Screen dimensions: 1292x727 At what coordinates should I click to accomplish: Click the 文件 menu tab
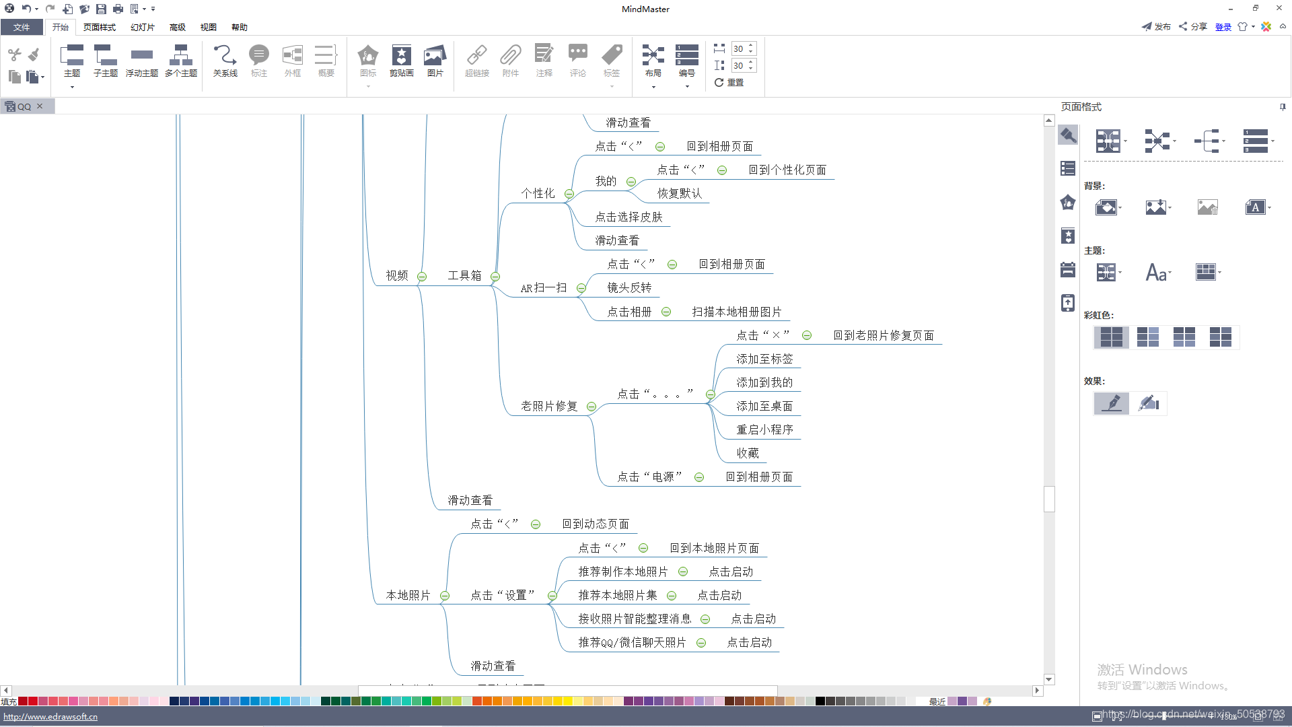(22, 27)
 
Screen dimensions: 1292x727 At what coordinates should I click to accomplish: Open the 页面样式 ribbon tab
(99, 27)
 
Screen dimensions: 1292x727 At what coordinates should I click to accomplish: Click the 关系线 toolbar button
(225, 61)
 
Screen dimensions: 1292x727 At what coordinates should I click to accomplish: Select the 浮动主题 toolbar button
(141, 61)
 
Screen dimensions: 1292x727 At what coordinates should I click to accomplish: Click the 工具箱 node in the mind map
(464, 275)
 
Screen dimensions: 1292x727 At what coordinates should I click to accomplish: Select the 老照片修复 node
(549, 406)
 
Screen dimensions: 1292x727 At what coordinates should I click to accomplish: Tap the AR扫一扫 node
(544, 288)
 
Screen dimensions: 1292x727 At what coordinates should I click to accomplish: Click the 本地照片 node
(408, 595)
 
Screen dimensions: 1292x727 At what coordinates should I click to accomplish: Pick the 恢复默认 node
(680, 193)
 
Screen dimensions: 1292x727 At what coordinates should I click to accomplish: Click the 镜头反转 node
(629, 287)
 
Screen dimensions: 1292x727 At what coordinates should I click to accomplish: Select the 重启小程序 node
(764, 429)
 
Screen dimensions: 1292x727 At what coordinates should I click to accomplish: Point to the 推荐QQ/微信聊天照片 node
(632, 642)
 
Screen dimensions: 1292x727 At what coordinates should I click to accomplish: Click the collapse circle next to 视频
(422, 277)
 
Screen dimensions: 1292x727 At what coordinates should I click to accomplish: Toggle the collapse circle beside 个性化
(569, 195)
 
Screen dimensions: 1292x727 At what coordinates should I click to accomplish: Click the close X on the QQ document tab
(40, 106)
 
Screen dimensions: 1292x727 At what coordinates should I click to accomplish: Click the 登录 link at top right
(1223, 27)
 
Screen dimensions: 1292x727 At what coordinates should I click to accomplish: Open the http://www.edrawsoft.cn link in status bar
(50, 716)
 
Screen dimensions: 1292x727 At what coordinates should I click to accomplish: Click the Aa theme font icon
(1157, 272)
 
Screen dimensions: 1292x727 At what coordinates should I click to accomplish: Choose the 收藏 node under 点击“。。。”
(748, 453)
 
